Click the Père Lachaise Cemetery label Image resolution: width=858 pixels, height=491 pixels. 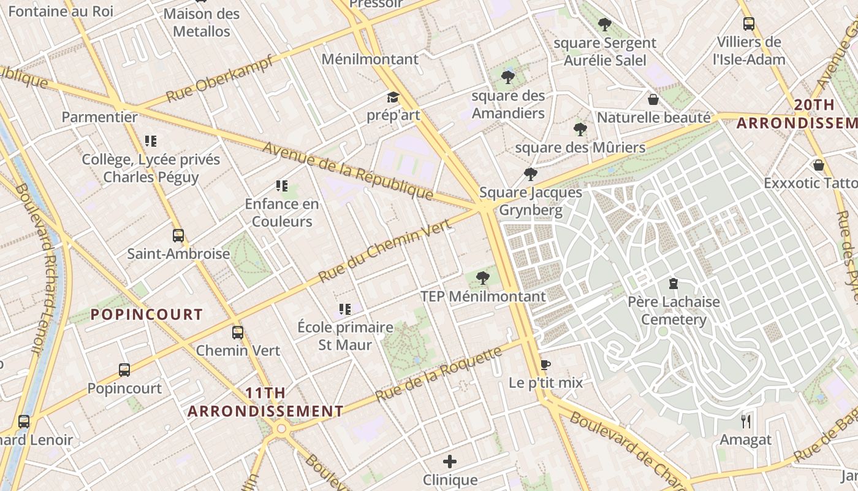(x=674, y=311)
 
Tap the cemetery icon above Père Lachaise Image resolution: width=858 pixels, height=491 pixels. (x=674, y=284)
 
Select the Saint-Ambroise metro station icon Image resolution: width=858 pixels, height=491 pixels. (x=178, y=236)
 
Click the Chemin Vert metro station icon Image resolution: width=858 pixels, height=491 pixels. (x=238, y=333)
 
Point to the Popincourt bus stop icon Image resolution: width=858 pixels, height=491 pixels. (x=124, y=370)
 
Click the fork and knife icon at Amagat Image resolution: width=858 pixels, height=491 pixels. (x=746, y=421)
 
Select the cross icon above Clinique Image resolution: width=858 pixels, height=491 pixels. (x=450, y=462)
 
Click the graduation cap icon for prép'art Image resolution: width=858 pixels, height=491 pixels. (x=393, y=98)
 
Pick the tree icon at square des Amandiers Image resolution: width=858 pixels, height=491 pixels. (x=508, y=77)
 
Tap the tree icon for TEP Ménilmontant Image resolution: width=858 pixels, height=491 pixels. (x=483, y=278)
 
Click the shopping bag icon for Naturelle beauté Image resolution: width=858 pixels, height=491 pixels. (x=653, y=99)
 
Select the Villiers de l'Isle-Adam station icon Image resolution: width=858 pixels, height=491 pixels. (x=748, y=24)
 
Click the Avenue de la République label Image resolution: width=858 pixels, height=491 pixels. (x=348, y=171)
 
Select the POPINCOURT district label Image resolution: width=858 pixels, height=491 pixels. (x=146, y=315)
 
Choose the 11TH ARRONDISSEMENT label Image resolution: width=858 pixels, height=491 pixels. (x=265, y=402)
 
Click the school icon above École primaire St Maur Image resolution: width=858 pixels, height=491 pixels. (x=345, y=309)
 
